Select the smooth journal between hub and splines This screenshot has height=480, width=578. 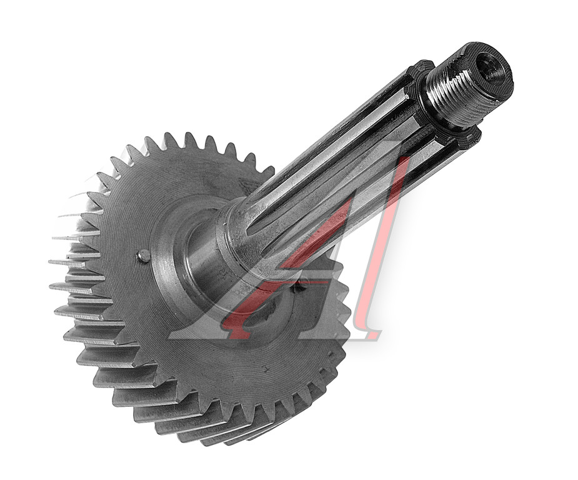coord(206,258)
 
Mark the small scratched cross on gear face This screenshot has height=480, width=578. coord(264,368)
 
